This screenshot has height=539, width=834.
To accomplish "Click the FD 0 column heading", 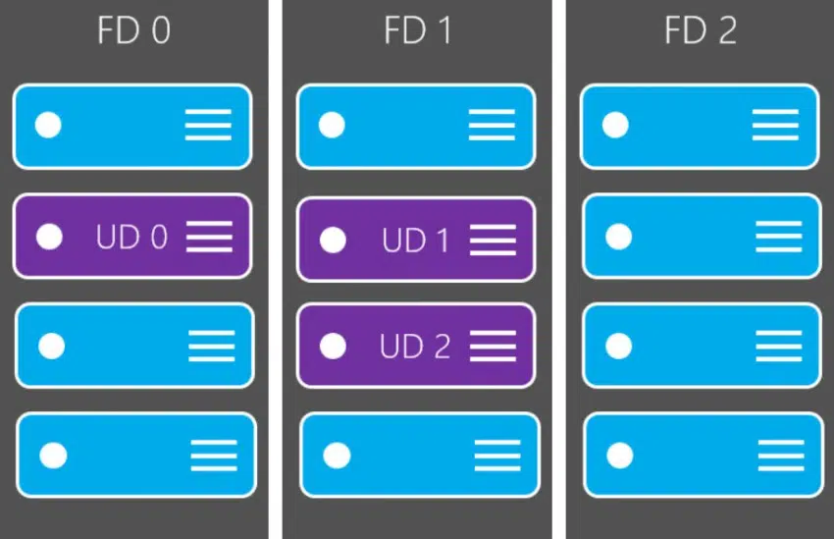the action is tap(134, 29).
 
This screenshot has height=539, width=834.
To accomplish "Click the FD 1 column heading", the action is tap(418, 29).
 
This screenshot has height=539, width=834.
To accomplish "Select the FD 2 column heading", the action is tap(701, 29).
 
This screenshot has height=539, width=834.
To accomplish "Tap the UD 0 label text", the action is tap(131, 237).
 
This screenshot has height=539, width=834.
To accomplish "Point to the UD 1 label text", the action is tap(415, 241).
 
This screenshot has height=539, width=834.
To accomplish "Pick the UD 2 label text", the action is tap(415, 347).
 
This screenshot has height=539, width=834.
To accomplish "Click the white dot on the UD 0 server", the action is tap(49, 237).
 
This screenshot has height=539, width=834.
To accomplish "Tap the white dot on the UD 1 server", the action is tap(333, 240).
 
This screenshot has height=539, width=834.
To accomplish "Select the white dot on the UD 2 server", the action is tap(333, 346).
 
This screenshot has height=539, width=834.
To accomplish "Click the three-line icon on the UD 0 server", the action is tap(210, 237).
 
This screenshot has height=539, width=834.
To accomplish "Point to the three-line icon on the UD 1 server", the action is tap(494, 240).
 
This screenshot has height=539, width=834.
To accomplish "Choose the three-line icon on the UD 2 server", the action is tap(494, 346).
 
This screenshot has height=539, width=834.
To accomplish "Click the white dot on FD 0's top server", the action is tap(48, 125).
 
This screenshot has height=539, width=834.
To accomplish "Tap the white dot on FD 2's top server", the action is tap(615, 125).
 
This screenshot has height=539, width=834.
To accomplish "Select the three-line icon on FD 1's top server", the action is tap(492, 125).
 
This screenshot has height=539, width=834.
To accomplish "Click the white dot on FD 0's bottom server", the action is tap(53, 456).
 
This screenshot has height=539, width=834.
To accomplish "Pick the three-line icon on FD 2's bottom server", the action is tap(781, 456).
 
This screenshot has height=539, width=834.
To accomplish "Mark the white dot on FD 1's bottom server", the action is tap(337, 456).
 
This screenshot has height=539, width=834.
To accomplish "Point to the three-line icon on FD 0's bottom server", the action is tap(214, 456).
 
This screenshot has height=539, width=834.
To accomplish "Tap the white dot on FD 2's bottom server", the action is tap(620, 456).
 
